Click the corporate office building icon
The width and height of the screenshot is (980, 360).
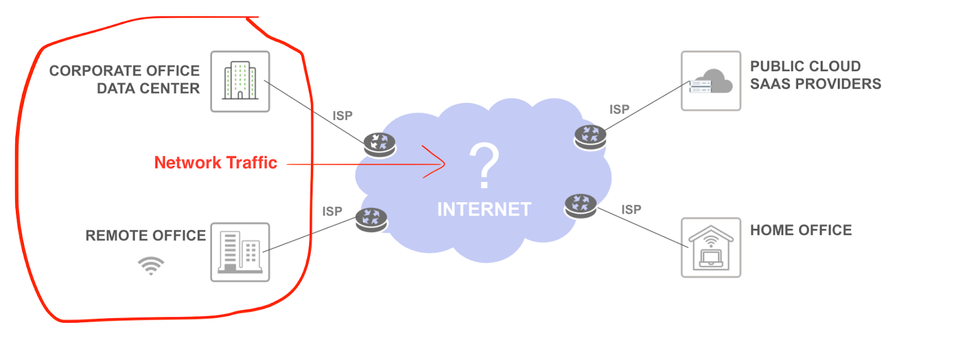coord(240,81)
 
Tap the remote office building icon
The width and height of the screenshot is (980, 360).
coord(240,252)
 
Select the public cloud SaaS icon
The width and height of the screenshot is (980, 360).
coord(710,81)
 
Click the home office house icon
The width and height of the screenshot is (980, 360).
coord(710,247)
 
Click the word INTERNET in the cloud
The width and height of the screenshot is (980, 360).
coord(484,209)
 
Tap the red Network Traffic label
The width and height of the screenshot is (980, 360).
coord(216,163)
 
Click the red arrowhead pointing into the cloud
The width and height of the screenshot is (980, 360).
coord(436,163)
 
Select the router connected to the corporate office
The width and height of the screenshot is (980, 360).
coord(380,144)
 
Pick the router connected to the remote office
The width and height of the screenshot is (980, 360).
coord(371,219)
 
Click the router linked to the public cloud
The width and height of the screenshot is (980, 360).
coord(590,137)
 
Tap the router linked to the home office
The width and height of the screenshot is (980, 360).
coord(581,206)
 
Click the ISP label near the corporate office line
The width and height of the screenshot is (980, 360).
coord(342,116)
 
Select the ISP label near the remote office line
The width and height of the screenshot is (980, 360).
coord(332,211)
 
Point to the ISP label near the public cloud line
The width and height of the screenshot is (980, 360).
coord(619,110)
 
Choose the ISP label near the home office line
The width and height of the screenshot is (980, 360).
coord(631,209)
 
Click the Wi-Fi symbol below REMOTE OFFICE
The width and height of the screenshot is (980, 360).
coord(151,266)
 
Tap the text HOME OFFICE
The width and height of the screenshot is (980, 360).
coord(801,230)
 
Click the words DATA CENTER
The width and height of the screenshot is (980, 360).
coord(148,89)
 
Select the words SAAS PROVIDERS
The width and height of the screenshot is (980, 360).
coord(815,84)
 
